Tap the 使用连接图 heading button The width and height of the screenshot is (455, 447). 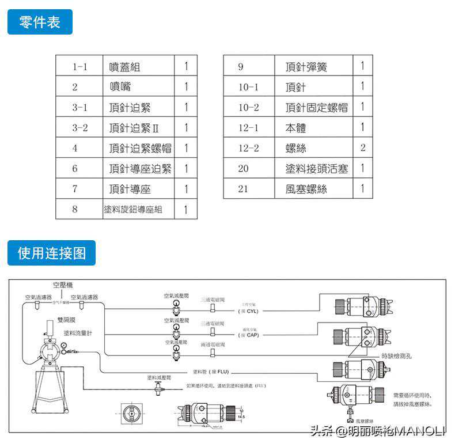(51, 253)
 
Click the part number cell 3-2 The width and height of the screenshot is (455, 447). (79, 127)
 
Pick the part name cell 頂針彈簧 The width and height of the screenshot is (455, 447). (306, 67)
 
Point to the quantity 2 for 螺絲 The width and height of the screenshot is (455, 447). (363, 148)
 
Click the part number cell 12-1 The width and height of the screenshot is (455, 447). (248, 127)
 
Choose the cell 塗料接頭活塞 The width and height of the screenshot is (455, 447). (317, 169)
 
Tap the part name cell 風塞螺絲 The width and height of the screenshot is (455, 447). (306, 189)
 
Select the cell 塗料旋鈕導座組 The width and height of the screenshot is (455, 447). (132, 209)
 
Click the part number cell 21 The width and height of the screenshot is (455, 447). (243, 189)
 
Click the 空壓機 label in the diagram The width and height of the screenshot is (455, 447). (63, 285)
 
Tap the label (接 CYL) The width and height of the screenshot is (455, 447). (248, 311)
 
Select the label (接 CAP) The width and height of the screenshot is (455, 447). (248, 335)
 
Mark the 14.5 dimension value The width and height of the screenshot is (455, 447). (241, 416)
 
